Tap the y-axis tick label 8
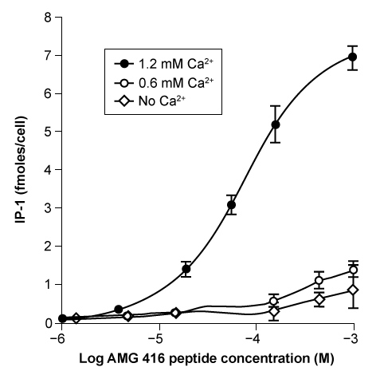click(x=49, y=18)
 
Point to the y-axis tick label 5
click(x=49, y=132)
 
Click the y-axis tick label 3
click(x=49, y=208)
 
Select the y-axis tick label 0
click(x=49, y=323)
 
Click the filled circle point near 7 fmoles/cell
click(x=352, y=57)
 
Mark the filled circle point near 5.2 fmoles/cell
click(x=276, y=124)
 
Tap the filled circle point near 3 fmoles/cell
click(x=232, y=205)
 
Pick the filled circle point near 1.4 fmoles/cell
click(x=186, y=270)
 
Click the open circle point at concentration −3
click(x=352, y=270)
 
